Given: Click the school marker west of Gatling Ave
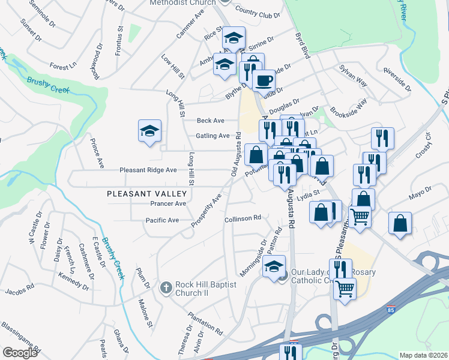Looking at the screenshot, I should coord(150,131).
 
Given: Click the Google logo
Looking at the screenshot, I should coord(20,353).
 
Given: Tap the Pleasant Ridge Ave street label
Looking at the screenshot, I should coord(148,170).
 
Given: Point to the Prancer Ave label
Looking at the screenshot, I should coord(169,204).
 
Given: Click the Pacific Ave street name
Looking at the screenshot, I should coord(162,220).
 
